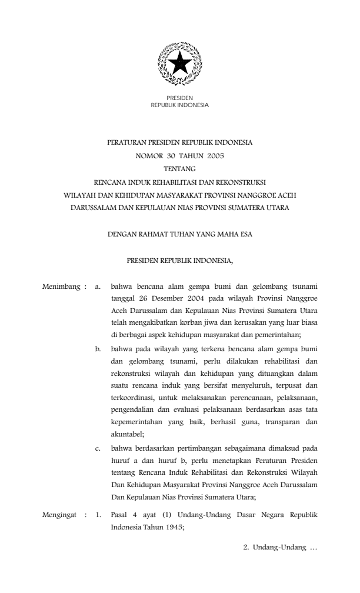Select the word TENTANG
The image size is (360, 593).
[180, 169]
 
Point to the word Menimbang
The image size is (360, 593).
[61, 288]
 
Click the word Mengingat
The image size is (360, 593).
[61, 515]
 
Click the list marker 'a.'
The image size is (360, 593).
[99, 288]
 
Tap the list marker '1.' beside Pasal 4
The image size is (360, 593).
[99, 515]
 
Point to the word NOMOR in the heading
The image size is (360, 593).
[145, 156]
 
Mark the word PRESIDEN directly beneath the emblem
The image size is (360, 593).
[179, 98]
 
